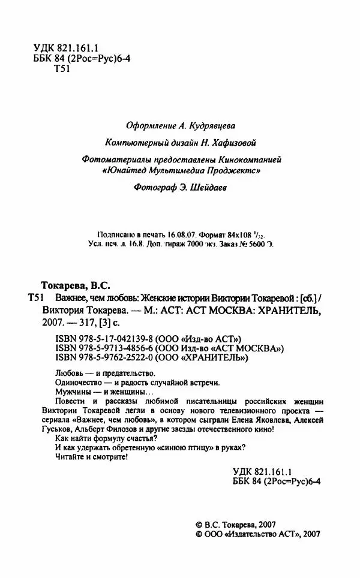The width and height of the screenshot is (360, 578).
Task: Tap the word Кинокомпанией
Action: [x=247, y=160]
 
